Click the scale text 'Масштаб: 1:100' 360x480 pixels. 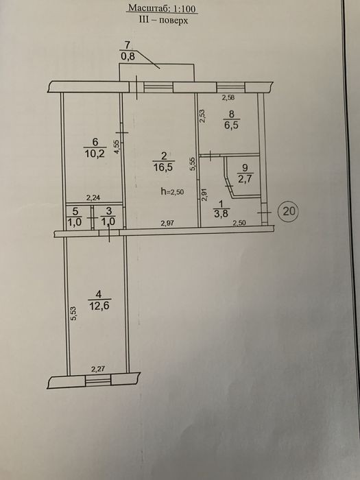coord(162,8)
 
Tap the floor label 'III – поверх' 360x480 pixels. coord(163,21)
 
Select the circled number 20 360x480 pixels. coord(289,211)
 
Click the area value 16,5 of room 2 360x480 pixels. coord(164,167)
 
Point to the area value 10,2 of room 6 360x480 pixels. coord(95,153)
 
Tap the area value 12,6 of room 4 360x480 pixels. coord(99,305)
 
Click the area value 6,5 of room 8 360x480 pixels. coord(232,125)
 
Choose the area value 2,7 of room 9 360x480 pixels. coord(245,178)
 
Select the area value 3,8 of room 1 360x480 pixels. coord(221,213)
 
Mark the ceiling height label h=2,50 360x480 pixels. coord(172,192)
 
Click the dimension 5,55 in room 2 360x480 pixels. coord(192,165)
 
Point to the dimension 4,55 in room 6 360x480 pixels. coord(117,148)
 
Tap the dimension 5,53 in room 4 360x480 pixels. coord(73,314)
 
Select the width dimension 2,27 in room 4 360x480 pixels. coord(98,369)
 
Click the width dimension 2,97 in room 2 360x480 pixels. coord(167,223)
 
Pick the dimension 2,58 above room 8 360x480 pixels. coord(228,98)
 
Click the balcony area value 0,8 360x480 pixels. coord(128,57)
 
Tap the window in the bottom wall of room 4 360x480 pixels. coord(98,380)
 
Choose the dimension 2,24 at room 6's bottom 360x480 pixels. coord(93,198)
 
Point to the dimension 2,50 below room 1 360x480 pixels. coord(239,223)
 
